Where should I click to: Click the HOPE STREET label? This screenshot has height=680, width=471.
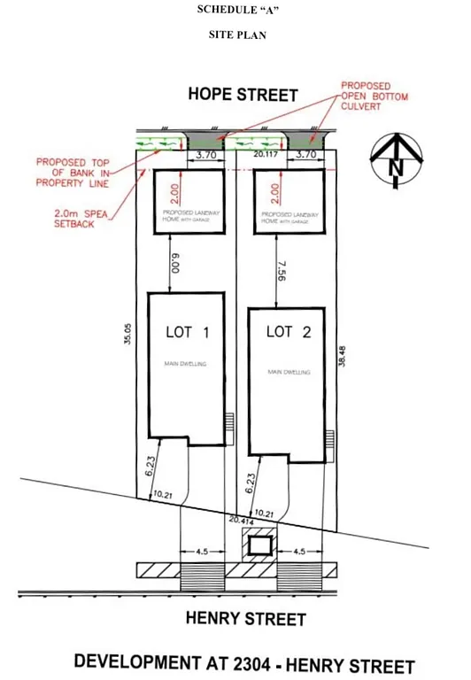[x=243, y=94]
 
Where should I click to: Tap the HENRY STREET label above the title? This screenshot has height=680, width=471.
[x=245, y=619]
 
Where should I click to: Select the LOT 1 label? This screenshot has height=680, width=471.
[x=187, y=333]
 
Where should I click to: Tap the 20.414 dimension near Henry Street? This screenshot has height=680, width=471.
[x=240, y=521]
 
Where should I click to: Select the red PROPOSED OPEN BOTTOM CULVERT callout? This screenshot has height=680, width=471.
[x=374, y=97]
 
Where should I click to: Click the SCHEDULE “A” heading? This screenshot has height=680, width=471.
[x=236, y=12]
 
